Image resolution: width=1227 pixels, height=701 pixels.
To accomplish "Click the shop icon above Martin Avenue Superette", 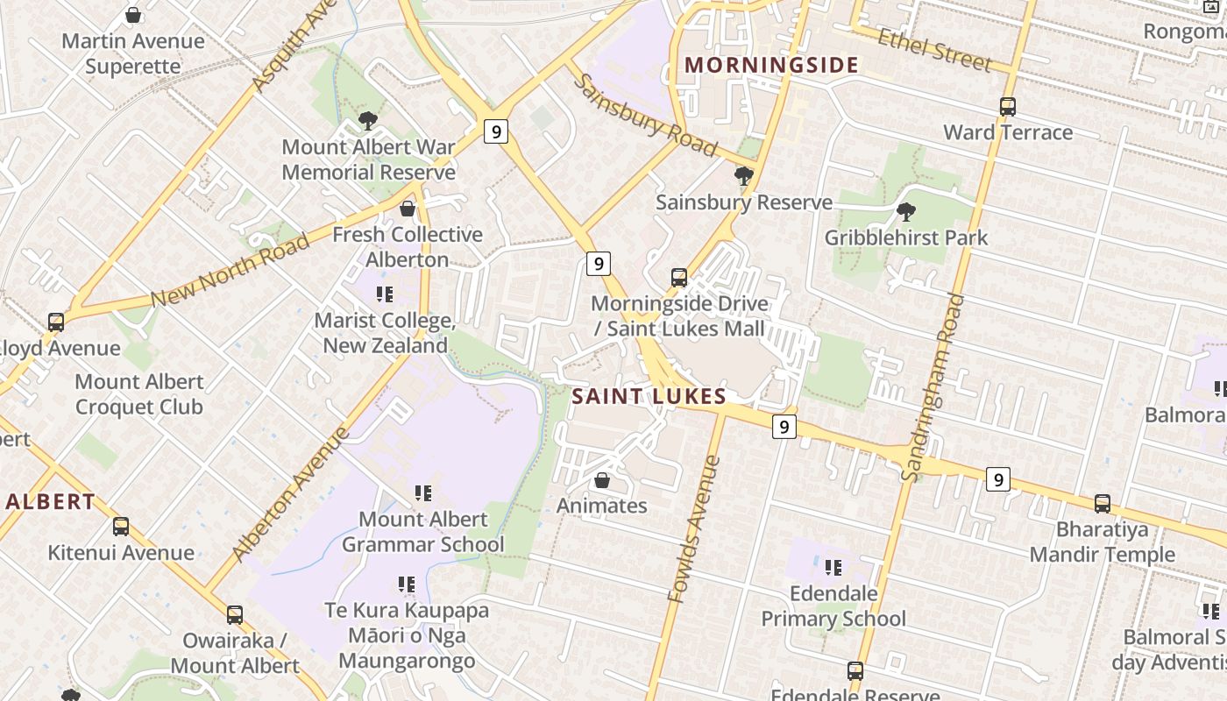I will [x=133, y=15].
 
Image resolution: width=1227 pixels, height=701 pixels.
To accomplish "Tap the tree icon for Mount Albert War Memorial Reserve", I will [x=368, y=120].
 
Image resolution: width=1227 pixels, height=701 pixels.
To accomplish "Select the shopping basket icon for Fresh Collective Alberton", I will [x=408, y=209].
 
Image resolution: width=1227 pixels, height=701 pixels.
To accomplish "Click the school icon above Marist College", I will [x=384, y=294].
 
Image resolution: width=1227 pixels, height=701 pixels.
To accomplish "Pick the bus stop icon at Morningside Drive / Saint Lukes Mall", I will [x=679, y=278].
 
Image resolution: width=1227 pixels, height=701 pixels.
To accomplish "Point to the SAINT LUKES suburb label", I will [x=649, y=396].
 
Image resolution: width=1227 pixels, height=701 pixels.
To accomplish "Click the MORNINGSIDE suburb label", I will [x=771, y=65].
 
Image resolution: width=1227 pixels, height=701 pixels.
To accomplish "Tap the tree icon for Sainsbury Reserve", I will [x=744, y=176].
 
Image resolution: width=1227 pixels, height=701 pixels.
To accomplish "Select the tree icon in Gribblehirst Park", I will [x=906, y=211].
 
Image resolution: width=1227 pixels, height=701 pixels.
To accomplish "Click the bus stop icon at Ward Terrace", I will [x=1008, y=107].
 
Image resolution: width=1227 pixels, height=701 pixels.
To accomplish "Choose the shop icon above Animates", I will [x=602, y=480].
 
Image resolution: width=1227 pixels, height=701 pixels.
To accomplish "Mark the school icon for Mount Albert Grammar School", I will [x=423, y=493].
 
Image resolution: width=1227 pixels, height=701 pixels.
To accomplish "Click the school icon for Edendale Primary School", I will [x=833, y=568].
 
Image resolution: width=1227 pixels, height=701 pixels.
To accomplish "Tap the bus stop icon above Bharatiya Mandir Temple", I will [x=1103, y=504].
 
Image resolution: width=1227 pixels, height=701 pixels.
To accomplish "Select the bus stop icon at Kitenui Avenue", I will [x=121, y=527].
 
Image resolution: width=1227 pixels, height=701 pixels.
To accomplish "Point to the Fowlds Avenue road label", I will [x=694, y=529].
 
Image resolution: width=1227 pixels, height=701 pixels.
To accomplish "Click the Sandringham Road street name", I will [x=933, y=387].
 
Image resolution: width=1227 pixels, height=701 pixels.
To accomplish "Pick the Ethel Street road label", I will [x=934, y=50].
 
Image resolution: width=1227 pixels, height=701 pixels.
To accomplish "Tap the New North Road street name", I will [x=230, y=270].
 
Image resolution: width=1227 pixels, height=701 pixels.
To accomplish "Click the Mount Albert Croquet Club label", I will [x=138, y=394].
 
